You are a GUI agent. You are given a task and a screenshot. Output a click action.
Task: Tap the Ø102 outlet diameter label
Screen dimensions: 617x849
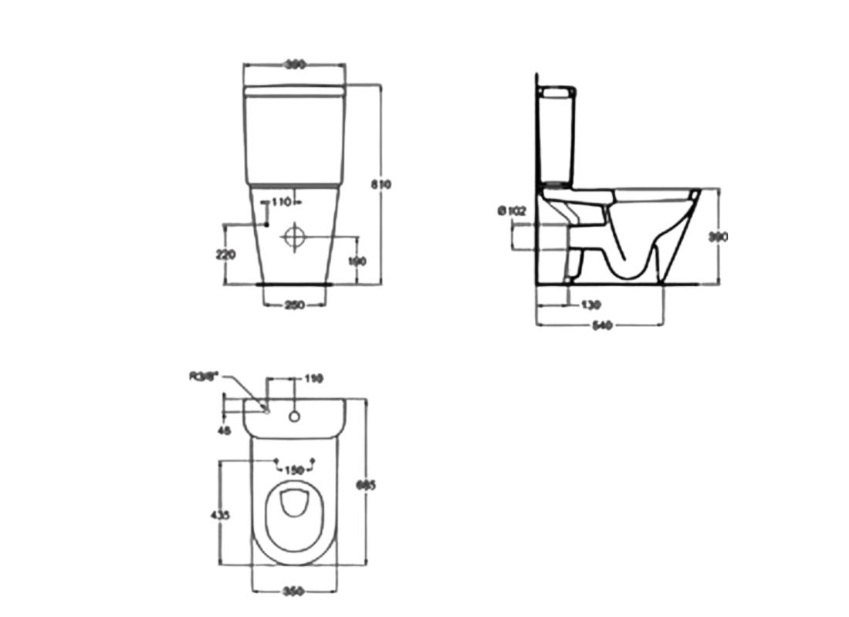click(512, 211)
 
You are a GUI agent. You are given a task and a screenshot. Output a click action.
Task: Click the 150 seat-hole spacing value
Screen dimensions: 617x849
click(294, 468)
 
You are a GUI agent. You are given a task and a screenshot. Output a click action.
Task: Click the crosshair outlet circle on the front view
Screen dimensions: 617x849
click(294, 237)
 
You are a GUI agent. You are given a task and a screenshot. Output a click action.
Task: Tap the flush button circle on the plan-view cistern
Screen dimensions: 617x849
click(294, 416)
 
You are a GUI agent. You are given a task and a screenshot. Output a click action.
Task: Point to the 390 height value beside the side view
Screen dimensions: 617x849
click(719, 238)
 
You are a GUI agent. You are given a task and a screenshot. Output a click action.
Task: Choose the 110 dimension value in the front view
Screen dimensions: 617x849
click(281, 202)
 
